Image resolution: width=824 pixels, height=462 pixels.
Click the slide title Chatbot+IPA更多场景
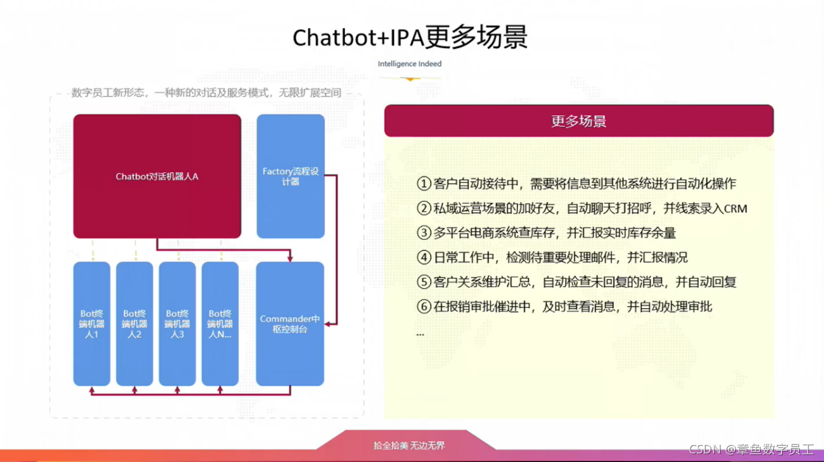point(410,37)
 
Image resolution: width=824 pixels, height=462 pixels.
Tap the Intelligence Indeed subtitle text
point(410,64)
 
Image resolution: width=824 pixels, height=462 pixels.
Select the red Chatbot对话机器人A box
point(157,176)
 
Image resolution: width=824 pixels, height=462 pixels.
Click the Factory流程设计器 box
point(290,176)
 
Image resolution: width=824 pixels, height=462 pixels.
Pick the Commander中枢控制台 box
point(290,324)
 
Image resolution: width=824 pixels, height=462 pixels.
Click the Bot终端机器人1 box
point(91,324)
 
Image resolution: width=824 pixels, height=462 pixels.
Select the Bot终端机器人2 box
point(134,324)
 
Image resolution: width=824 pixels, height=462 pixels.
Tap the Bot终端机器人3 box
point(177,324)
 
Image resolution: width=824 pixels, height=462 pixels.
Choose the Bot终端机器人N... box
point(220,324)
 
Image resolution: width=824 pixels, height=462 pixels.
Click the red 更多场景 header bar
point(579,121)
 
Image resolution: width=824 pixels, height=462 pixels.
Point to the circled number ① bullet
point(424,184)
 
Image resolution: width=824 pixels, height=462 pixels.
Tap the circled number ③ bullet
point(424,233)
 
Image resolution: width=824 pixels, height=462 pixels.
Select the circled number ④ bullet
point(424,257)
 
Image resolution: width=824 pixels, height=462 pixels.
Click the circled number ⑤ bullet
point(424,282)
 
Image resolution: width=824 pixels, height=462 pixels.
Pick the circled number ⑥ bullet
point(424,306)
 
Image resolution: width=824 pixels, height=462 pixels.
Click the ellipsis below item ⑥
point(420,334)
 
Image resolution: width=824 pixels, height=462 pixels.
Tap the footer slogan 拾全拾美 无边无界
point(409,446)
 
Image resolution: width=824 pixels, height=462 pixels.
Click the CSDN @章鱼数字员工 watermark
point(751,450)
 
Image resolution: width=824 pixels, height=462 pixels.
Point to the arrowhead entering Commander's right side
point(328,324)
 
